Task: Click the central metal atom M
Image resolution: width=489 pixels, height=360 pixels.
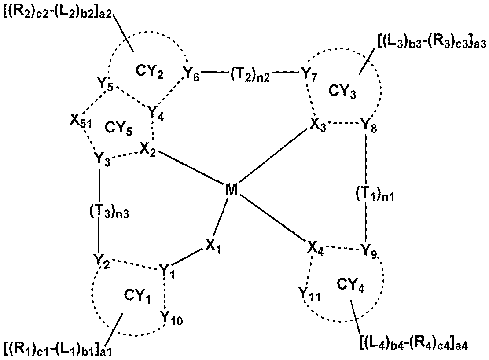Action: tap(231, 190)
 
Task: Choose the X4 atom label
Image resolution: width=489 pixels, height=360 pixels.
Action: tap(317, 253)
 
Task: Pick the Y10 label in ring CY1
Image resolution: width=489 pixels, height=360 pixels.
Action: tap(170, 317)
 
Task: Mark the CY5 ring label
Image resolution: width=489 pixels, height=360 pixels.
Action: tap(117, 127)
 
